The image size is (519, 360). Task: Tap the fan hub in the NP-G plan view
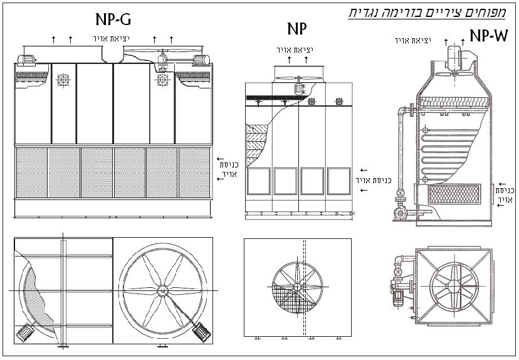[162, 290]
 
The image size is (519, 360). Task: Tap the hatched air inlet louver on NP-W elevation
[454, 194]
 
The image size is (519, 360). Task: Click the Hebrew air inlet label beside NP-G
[224, 169]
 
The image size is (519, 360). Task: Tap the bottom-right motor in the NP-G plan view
[202, 329]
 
